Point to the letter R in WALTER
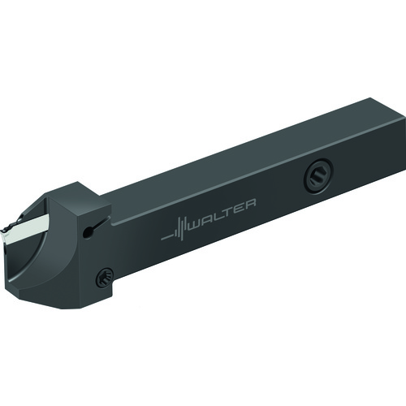249,205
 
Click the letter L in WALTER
217,214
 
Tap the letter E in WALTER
238,208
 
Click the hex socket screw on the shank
318,175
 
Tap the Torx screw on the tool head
104,278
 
